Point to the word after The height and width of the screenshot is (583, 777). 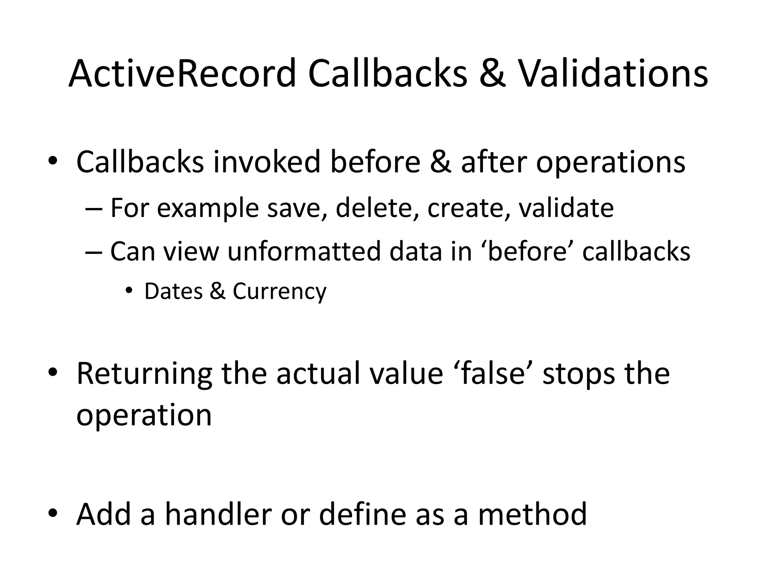click(x=494, y=162)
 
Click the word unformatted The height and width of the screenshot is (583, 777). click(x=304, y=251)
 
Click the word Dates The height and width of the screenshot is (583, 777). click(x=173, y=291)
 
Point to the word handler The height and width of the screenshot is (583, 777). click(x=218, y=514)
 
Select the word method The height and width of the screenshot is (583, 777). click(x=532, y=514)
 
